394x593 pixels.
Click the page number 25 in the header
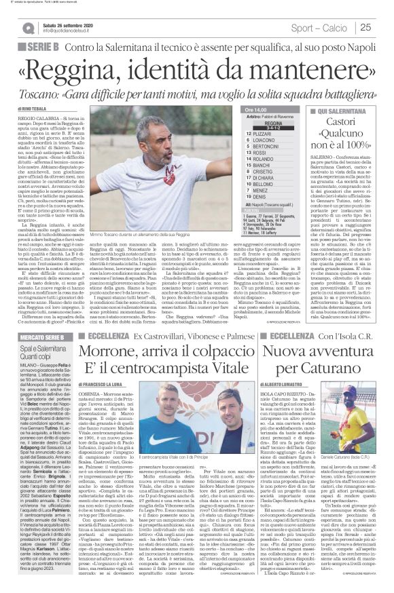tap(365, 27)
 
